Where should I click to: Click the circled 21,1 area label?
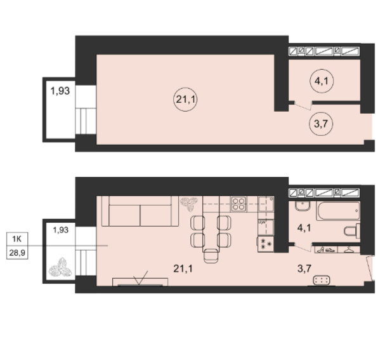[x=185, y=100]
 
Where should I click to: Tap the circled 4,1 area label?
[x=322, y=81]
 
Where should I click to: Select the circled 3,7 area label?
[x=321, y=124]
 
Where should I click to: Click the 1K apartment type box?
[x=17, y=239]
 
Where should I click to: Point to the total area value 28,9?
[x=17, y=252]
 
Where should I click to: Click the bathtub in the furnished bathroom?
[x=338, y=211]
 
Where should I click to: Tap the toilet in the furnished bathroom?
[x=352, y=231]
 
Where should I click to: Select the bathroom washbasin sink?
[x=303, y=206]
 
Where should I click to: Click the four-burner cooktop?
[x=238, y=204]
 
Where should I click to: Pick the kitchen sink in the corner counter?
[x=266, y=204]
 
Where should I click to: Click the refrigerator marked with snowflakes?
[x=266, y=244]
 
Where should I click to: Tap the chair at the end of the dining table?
[x=211, y=256]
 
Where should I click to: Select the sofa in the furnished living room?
[x=140, y=211]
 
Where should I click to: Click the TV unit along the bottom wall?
[x=140, y=282]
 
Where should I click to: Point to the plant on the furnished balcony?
[x=60, y=267]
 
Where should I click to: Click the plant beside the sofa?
[x=189, y=204]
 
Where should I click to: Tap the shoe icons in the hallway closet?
[x=326, y=250]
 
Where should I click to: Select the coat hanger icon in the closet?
[x=349, y=250]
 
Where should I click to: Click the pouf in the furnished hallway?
[x=322, y=280]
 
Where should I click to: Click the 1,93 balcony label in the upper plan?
[x=60, y=91]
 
